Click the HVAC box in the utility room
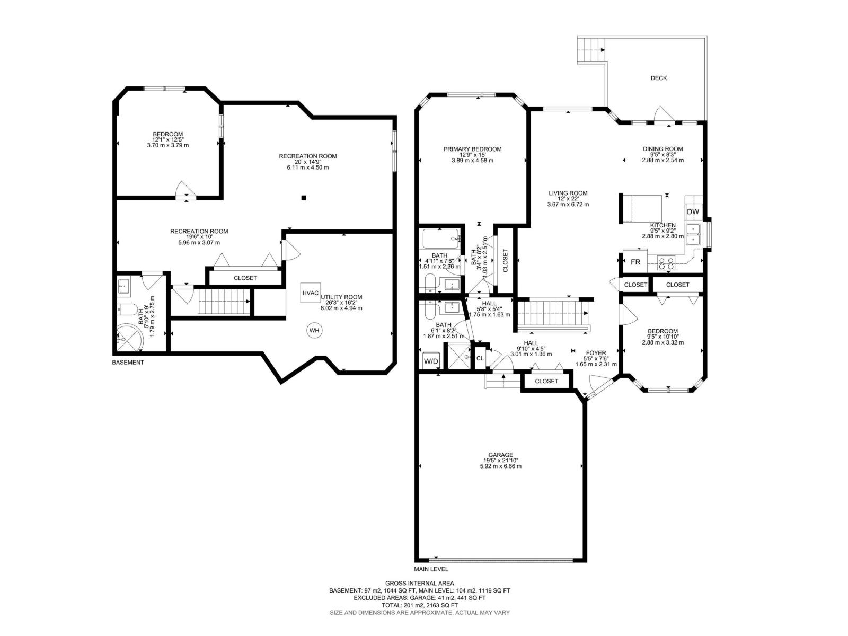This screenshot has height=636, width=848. click(310, 293)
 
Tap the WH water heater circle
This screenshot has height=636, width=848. click(314, 330)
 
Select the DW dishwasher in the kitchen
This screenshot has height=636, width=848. click(693, 211)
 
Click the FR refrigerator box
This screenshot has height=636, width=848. click(635, 262)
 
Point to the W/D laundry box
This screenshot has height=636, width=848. click(431, 361)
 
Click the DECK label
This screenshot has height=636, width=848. click(658, 78)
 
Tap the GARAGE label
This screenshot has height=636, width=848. click(500, 455)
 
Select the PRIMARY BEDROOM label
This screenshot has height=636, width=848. click(472, 149)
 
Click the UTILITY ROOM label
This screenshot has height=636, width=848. click(341, 297)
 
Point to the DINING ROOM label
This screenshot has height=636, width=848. click(662, 149)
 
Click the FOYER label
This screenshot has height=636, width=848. click(596, 353)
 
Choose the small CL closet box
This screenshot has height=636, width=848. click(480, 358)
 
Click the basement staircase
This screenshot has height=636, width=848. click(224, 302)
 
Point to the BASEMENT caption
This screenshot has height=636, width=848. click(128, 362)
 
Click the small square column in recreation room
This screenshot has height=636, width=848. click(304, 198)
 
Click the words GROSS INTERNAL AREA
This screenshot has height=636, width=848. click(420, 583)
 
